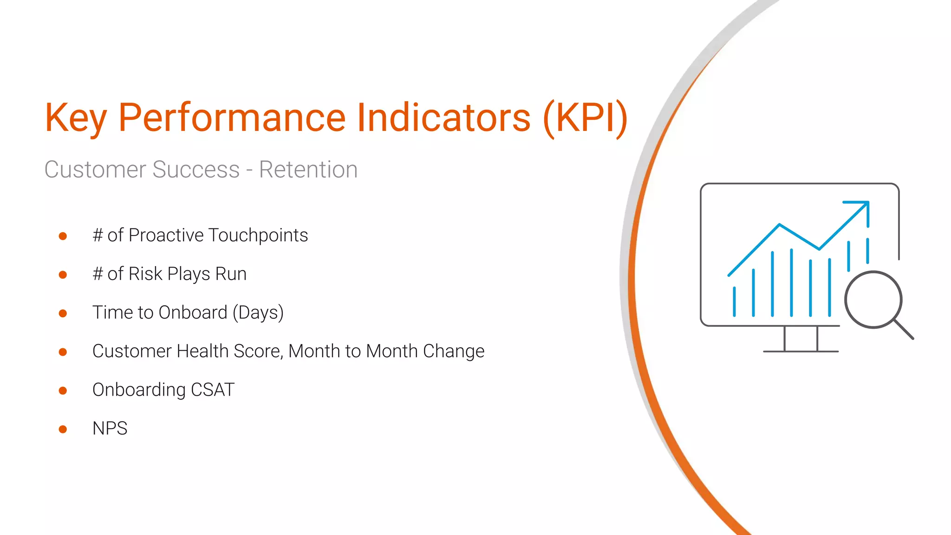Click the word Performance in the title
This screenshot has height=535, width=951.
[x=232, y=118]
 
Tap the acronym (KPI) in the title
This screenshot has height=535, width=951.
[x=585, y=118]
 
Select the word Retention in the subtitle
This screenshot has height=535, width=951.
[x=308, y=170]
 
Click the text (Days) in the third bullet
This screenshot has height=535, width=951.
[x=258, y=313]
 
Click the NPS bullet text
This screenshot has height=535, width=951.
[x=110, y=428]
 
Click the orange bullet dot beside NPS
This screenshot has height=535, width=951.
[x=63, y=429]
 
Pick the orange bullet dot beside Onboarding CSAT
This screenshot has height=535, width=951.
[x=63, y=391]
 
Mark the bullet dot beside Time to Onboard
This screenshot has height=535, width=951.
[x=63, y=313]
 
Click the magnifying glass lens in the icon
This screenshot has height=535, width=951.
[x=873, y=300]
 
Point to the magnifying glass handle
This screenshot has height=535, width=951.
[x=904, y=329]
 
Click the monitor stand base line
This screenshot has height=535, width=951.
[x=801, y=352]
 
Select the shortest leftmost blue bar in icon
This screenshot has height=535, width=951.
[x=734, y=302]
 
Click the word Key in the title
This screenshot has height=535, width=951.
[x=76, y=118]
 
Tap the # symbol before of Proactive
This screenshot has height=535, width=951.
[x=98, y=236]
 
